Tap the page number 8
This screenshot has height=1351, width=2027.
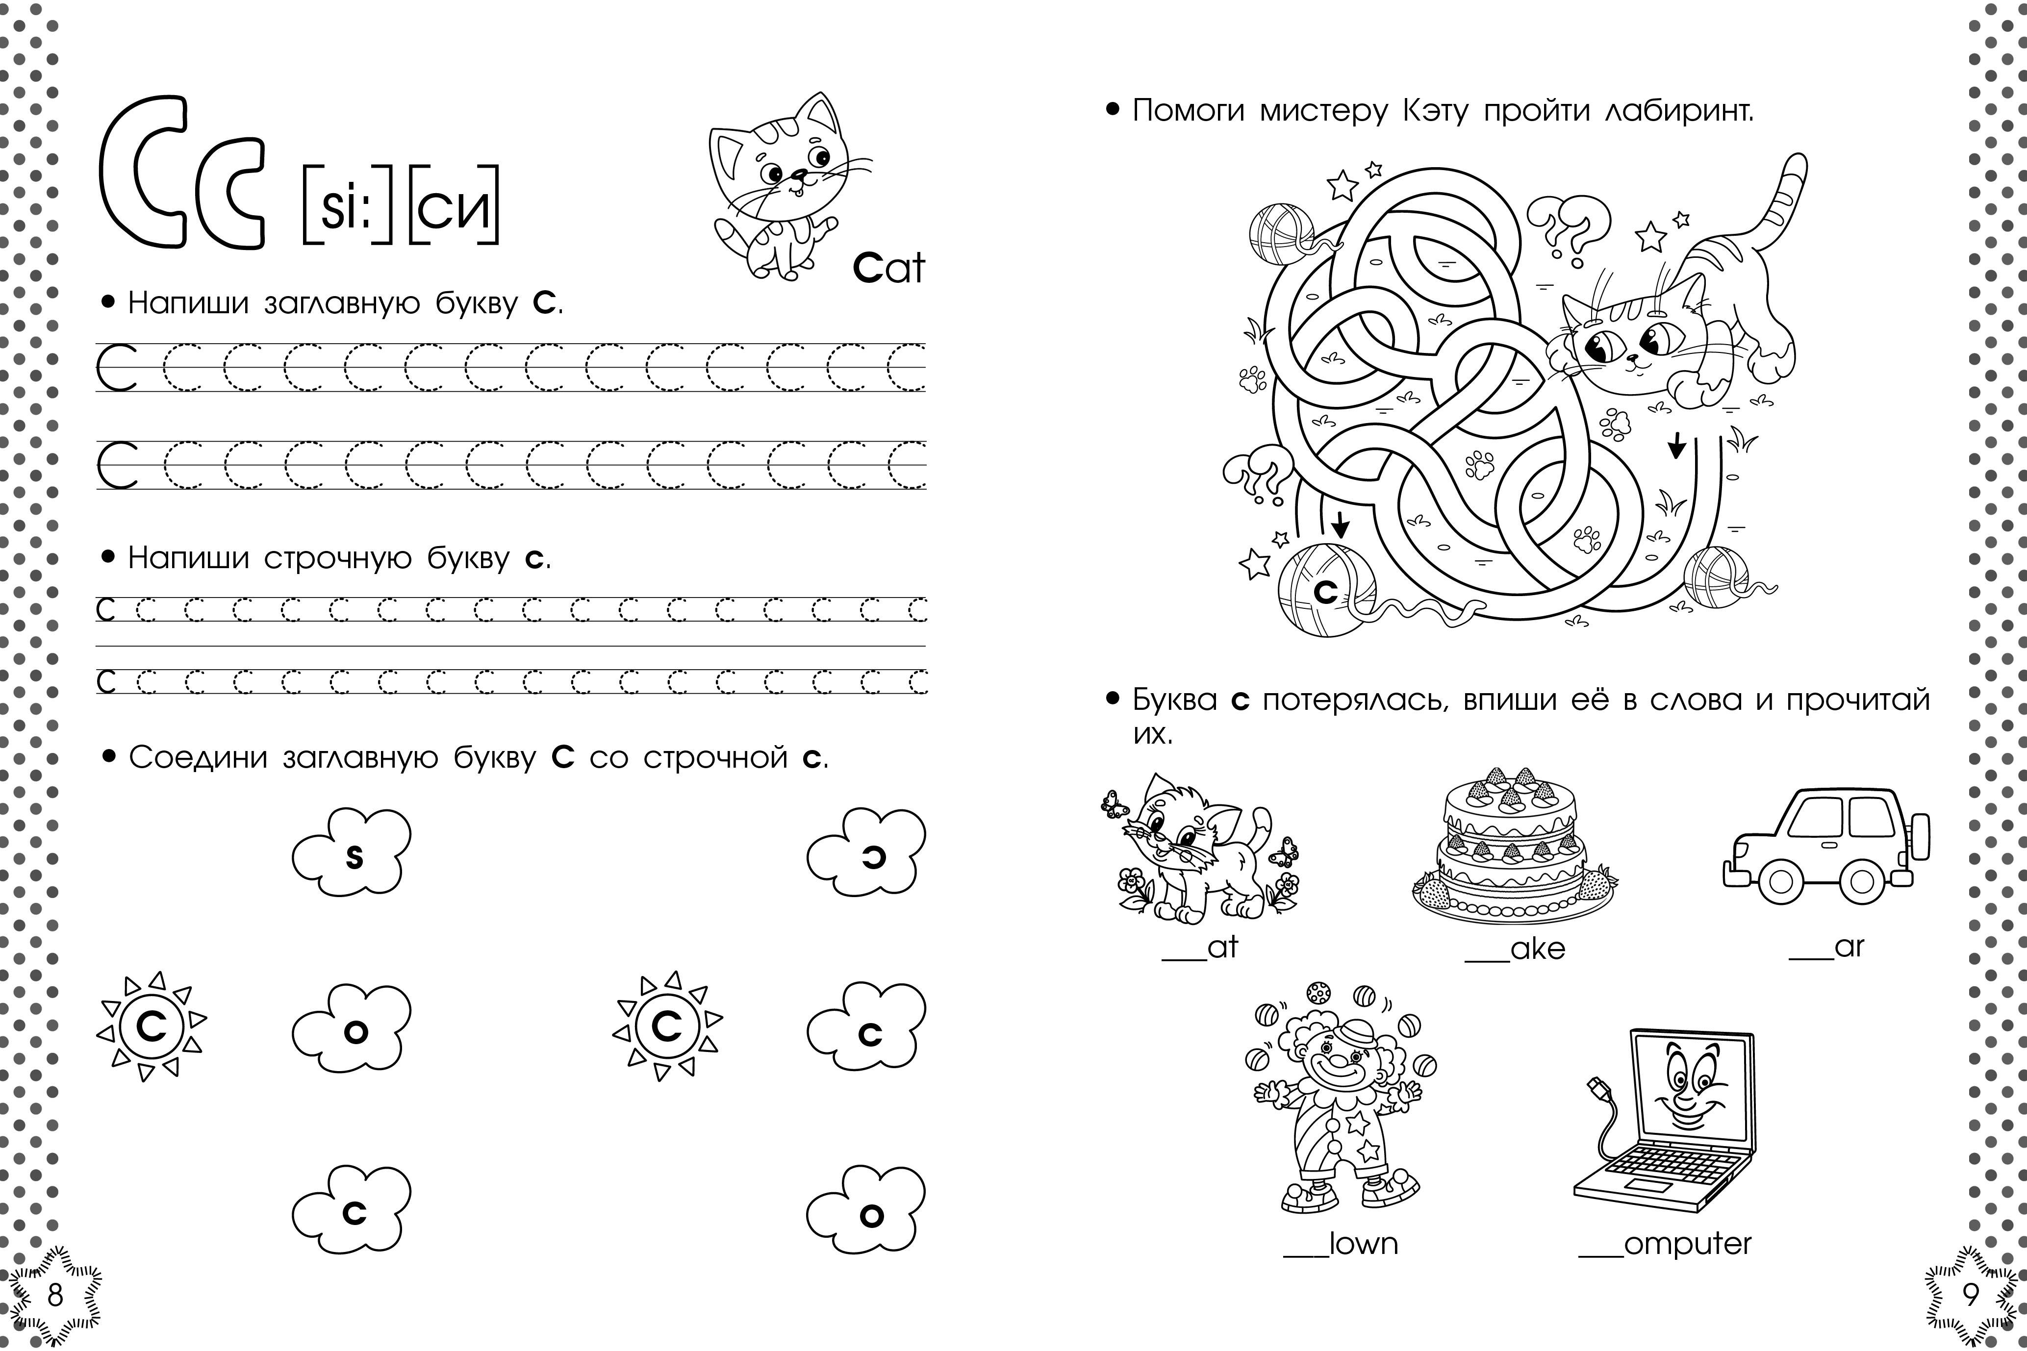point(55,1295)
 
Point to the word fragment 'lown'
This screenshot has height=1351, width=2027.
point(1364,1243)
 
